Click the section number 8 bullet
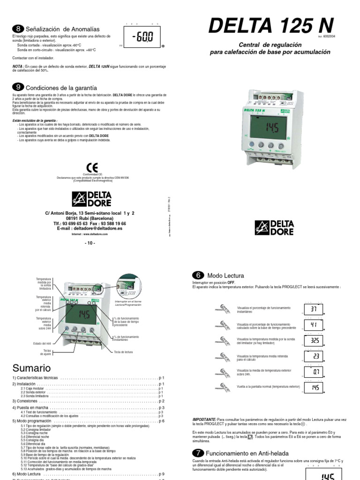point(17,29)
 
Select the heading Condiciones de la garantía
point(61,88)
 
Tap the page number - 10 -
point(90,243)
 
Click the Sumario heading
point(31,367)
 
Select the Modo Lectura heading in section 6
point(225,276)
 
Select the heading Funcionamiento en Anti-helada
point(247,453)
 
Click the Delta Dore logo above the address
point(91,199)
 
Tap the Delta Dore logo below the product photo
point(274,228)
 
